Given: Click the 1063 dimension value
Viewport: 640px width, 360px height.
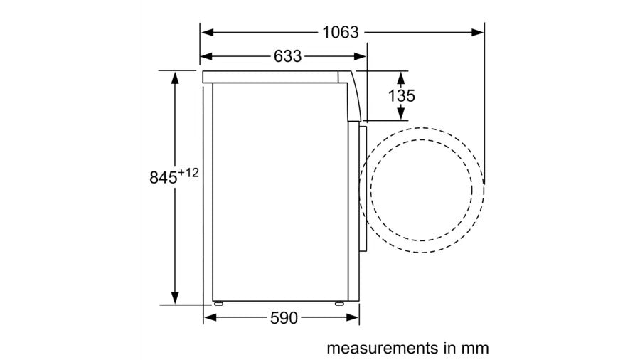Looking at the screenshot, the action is (341, 32).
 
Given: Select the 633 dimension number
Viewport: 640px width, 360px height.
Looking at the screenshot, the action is (288, 56).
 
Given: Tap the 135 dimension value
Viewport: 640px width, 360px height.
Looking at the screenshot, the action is (402, 96).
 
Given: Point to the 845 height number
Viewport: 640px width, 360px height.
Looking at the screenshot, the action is (164, 178).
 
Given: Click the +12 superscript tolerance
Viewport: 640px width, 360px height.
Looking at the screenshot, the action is (188, 173).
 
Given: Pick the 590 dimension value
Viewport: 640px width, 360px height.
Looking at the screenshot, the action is (284, 318).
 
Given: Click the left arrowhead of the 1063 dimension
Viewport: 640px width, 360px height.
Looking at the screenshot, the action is (208, 32).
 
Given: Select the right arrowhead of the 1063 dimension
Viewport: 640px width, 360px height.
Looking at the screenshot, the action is (478, 32).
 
